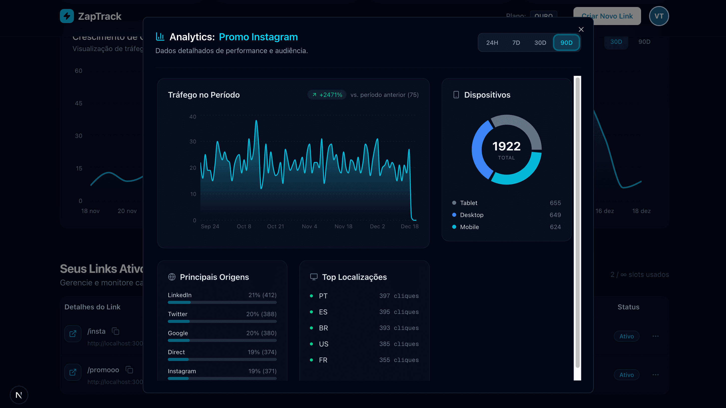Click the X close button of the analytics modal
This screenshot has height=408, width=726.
click(581, 29)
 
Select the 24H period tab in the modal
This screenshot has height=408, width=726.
click(492, 43)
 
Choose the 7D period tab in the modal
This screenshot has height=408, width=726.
click(516, 43)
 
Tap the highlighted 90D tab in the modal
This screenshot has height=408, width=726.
click(566, 43)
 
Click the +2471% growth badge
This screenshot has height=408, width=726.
click(327, 95)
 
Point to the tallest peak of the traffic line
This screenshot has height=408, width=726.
click(256, 121)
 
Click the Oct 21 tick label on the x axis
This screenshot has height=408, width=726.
click(275, 226)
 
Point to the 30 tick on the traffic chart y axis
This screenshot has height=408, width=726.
click(193, 141)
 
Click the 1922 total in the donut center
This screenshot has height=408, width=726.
click(506, 146)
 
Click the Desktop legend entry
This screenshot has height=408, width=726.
click(471, 215)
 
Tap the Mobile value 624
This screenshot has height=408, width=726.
click(555, 227)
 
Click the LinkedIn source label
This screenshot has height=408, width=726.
click(180, 295)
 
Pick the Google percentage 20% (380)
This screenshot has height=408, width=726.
click(261, 333)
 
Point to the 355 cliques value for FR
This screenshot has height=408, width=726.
click(399, 360)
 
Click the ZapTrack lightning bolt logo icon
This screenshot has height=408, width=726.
click(67, 16)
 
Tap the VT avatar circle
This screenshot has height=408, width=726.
click(659, 16)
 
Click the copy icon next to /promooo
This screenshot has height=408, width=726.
click(129, 370)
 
